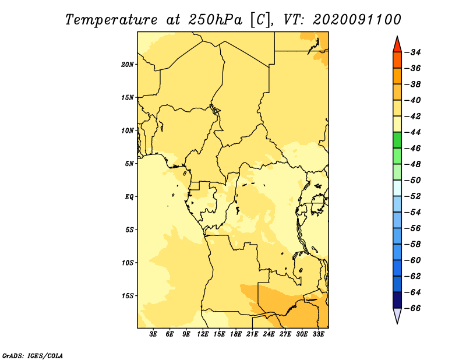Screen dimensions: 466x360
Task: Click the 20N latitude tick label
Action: click(128, 65)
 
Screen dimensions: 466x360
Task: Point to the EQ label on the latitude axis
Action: click(129, 197)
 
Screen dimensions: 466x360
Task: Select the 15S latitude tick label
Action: click(128, 296)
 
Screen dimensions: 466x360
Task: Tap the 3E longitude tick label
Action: click(153, 334)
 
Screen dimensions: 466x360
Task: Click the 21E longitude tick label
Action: click(252, 334)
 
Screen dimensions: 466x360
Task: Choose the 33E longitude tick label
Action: click(318, 334)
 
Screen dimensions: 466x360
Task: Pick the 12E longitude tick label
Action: click(203, 334)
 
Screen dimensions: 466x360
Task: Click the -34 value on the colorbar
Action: click(413, 52)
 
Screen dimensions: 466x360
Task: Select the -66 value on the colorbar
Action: click(413, 308)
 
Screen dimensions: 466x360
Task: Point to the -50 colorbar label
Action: click(413, 180)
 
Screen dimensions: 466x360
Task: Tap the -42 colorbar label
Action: click(413, 117)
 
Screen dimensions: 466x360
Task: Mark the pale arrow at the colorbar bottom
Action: click(397, 315)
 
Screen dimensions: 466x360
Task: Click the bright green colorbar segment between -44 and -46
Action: click(397, 140)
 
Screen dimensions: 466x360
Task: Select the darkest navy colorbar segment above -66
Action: click(397, 300)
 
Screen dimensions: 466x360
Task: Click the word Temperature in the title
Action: click(111, 20)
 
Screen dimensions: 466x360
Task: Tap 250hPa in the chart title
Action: click(215, 20)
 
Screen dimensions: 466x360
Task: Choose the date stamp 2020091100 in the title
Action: click(357, 20)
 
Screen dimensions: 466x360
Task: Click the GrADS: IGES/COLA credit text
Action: click(33, 355)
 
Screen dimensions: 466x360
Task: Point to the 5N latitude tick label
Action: click(129, 164)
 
